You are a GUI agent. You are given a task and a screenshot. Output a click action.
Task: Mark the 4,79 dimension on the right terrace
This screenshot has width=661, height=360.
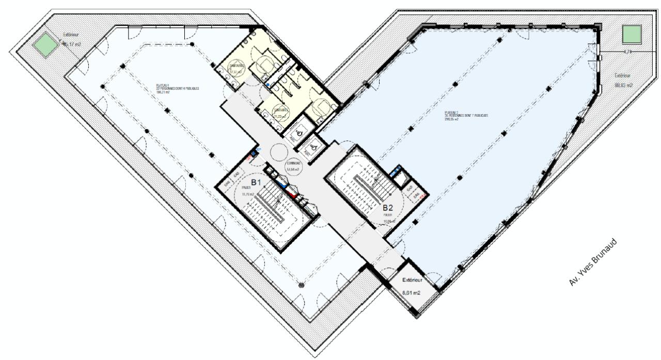coord(628,52)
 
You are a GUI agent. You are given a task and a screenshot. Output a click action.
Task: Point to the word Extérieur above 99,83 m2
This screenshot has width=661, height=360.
coord(623,74)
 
